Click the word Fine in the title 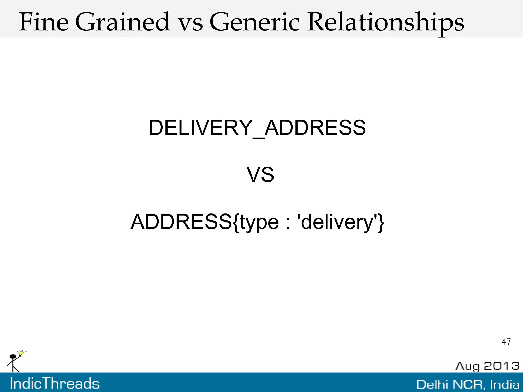pyautogui.click(x=44, y=22)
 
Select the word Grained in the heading pyautogui.click(x=122, y=22)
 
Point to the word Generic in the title pyautogui.click(x=254, y=22)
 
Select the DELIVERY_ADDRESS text pyautogui.click(x=257, y=127)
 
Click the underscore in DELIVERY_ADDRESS pyautogui.click(x=258, y=138)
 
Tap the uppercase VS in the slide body pyautogui.click(x=260, y=175)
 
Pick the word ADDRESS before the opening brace pyautogui.click(x=181, y=222)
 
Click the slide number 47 pyautogui.click(x=506, y=342)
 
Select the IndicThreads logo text pyautogui.click(x=55, y=384)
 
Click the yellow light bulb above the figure pyautogui.click(x=21, y=353)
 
